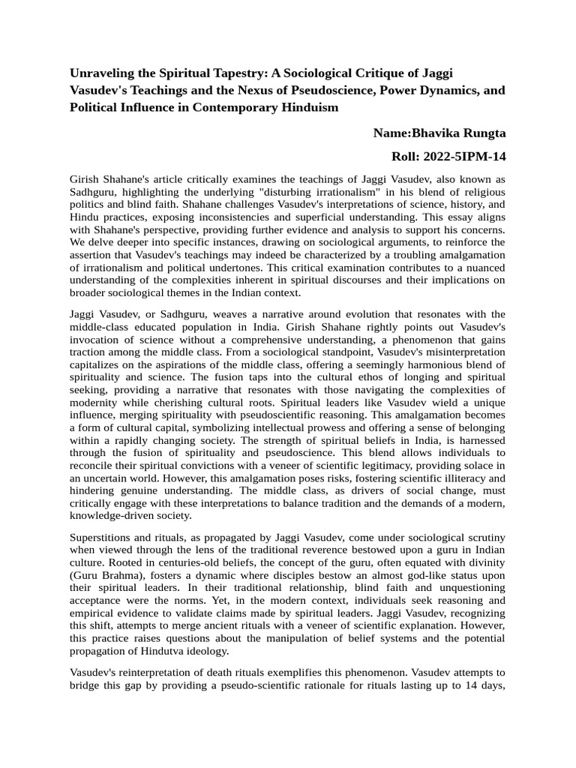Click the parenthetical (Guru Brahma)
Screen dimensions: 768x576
point(107,575)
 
